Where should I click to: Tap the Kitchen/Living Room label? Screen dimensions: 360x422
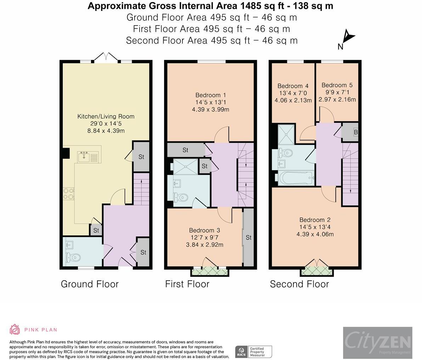pos(106,116)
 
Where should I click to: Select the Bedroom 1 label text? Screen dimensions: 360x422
pos(210,95)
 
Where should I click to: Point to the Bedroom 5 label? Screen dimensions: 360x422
pos(337,85)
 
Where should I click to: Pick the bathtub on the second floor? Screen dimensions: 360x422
pos(296,178)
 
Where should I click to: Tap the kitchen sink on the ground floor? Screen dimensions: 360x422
pos(85,156)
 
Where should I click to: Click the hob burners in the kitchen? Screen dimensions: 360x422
pos(68,193)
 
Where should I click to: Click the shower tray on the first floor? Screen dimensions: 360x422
pos(186,167)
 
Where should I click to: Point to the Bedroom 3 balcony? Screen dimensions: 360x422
pos(209,272)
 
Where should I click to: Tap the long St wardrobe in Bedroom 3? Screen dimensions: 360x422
pos(248,237)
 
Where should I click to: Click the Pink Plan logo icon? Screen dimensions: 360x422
pos(15,330)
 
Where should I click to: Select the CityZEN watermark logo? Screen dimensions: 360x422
pos(377,343)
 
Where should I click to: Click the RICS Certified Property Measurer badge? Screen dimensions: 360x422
pos(254,351)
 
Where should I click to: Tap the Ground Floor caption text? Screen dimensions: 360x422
pos(90,284)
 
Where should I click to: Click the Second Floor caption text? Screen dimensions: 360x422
pos(299,284)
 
